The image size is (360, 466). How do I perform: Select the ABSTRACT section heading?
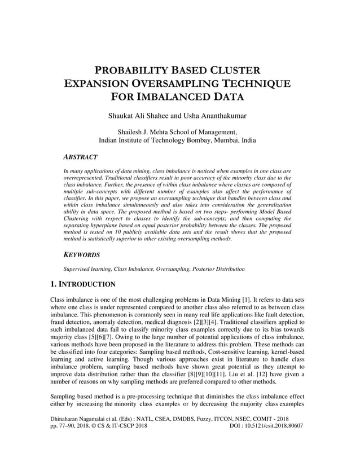(80, 157)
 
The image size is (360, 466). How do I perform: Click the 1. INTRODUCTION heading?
(83, 284)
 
